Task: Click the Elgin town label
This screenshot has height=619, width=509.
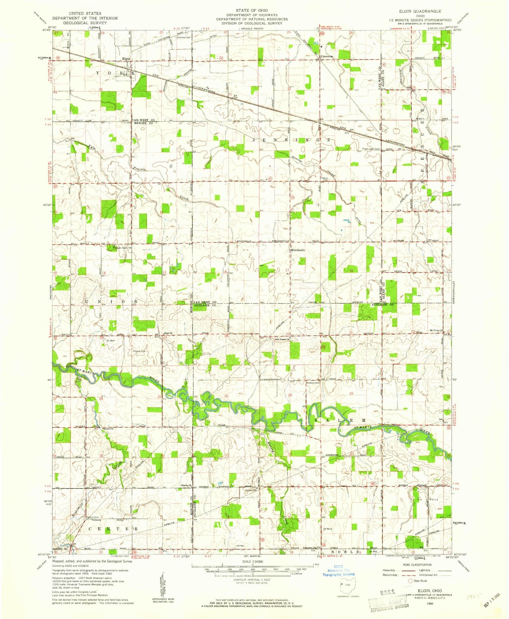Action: (126, 59)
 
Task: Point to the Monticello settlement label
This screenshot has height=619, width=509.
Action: (298, 250)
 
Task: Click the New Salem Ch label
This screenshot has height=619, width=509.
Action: (282, 339)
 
